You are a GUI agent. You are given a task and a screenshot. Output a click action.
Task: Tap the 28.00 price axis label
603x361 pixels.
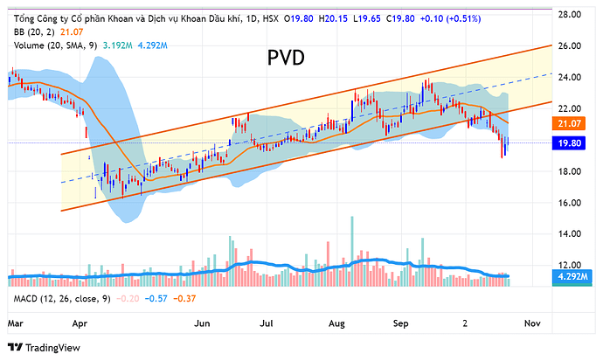coord(572,15)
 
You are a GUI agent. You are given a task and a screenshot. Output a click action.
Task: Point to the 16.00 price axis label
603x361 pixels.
coord(572,203)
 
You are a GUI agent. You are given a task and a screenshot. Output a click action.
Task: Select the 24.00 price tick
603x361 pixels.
coord(572,78)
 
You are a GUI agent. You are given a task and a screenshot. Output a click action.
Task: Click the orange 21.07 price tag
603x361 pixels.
coord(574,125)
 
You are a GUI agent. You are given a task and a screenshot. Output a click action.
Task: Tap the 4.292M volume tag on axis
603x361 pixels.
coord(574,277)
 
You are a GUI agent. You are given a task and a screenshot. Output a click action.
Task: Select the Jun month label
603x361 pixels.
coord(204,323)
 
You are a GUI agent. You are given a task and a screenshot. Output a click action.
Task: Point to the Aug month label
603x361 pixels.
coord(336,323)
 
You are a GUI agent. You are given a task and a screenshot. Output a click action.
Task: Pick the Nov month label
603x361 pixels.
coord(531,323)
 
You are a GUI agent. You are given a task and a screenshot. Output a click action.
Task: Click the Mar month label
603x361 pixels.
coord(15,323)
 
